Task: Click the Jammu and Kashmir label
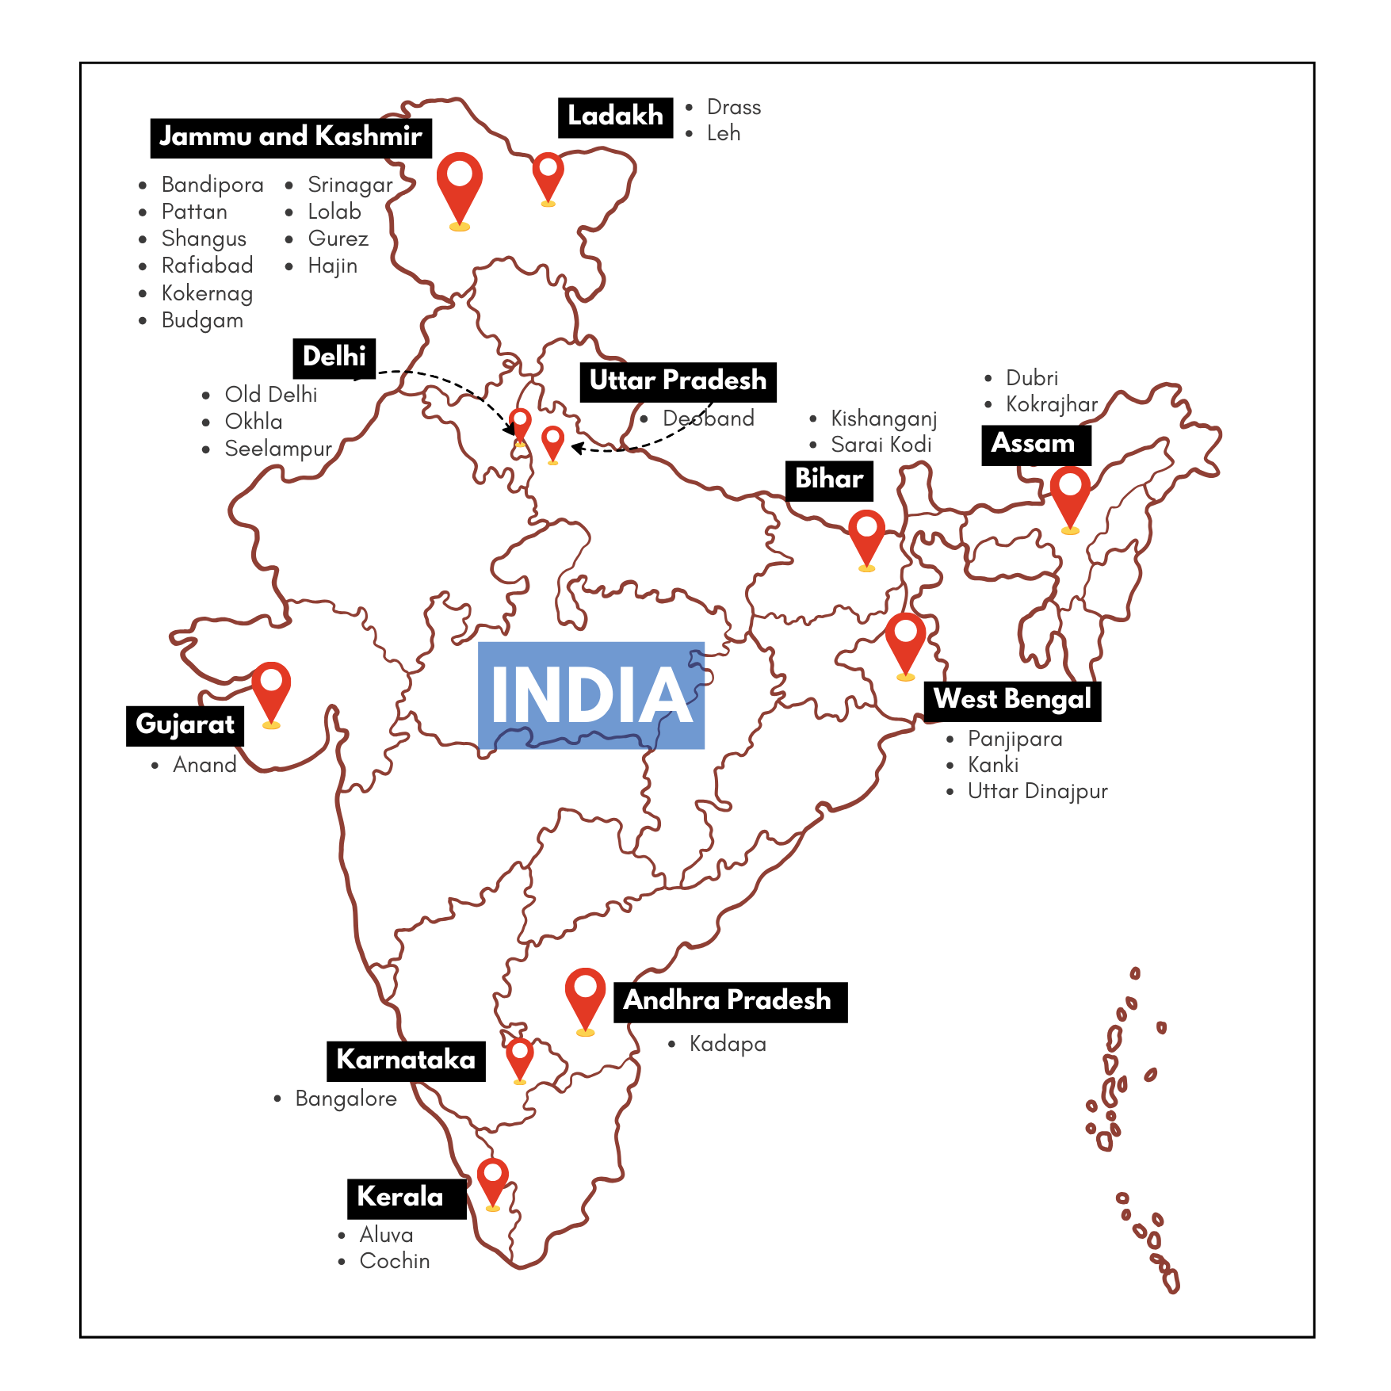(290, 137)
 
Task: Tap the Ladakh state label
(615, 117)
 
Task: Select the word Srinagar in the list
(350, 185)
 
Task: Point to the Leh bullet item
(723, 133)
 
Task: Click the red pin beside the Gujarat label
(271, 688)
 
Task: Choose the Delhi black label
(334, 357)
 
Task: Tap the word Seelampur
(277, 449)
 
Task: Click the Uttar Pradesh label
(678, 381)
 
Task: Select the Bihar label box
(828, 480)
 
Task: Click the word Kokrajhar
(1051, 404)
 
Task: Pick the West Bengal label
(1012, 700)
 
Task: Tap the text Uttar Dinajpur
(1037, 791)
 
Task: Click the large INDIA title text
(591, 695)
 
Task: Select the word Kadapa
(727, 1044)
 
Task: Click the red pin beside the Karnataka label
(520, 1057)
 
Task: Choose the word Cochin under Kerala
(394, 1261)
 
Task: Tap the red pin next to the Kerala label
(492, 1179)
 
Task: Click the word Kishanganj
(883, 418)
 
